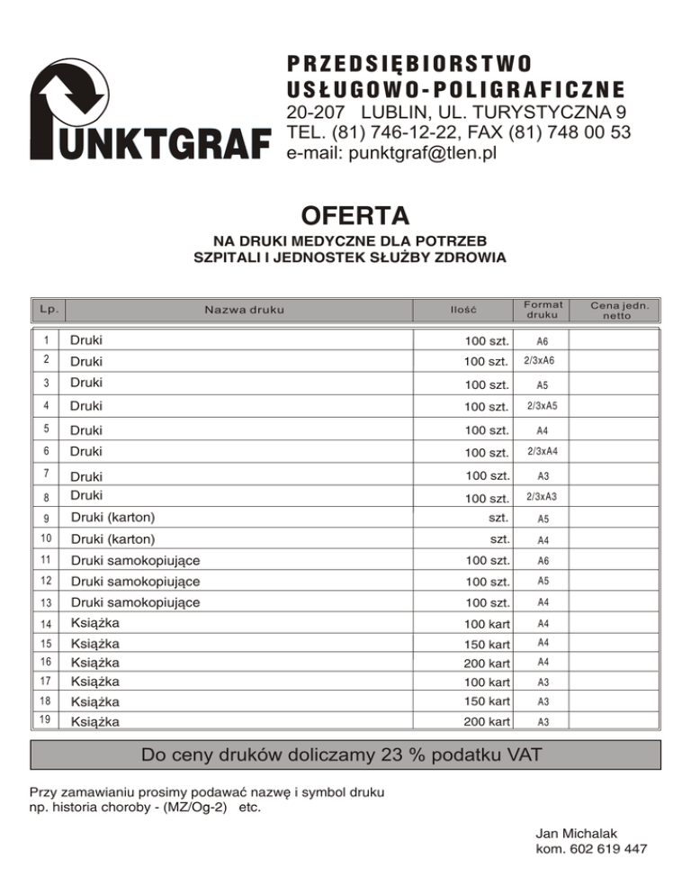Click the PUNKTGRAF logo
tap(148, 118)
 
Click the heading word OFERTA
tap(354, 217)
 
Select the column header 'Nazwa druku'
tap(244, 311)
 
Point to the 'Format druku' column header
tap(543, 311)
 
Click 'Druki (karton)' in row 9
tap(112, 518)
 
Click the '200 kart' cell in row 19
tap(488, 721)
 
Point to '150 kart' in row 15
tap(488, 644)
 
